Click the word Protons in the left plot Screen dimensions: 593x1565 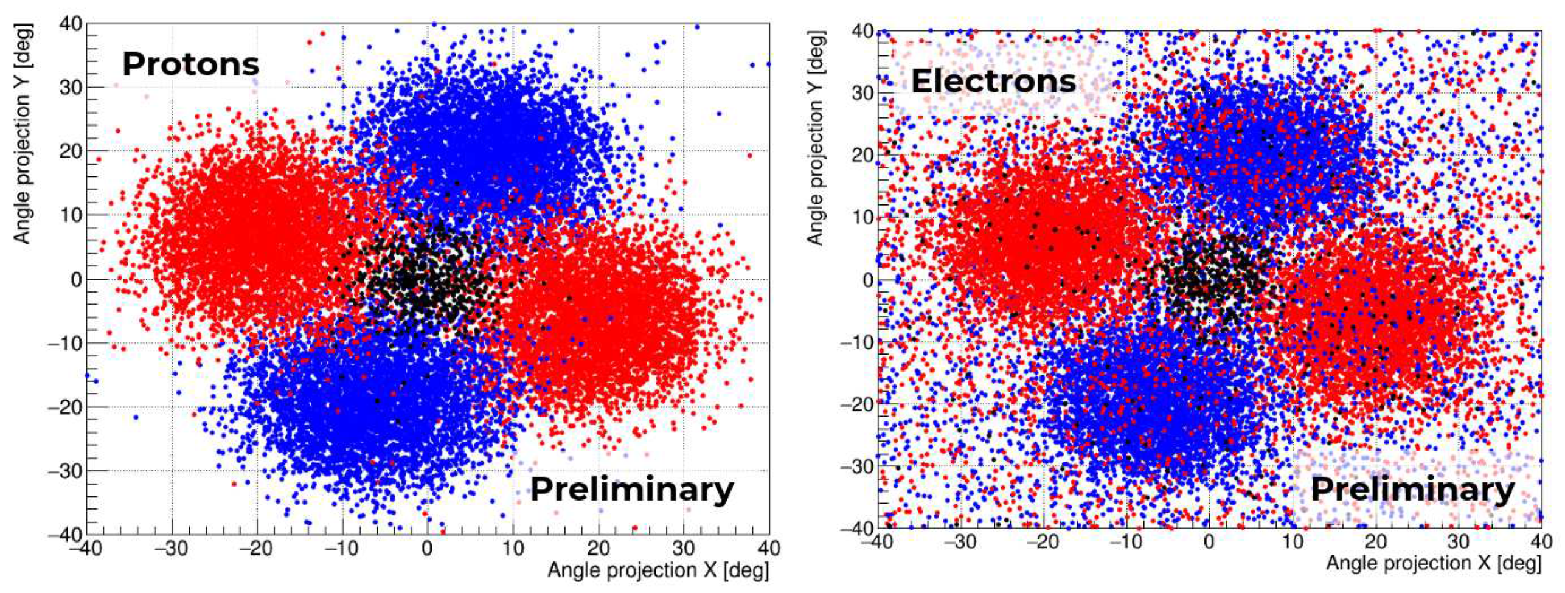(190, 64)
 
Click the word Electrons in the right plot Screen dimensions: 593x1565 (993, 81)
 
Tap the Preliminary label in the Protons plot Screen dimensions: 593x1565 (632, 490)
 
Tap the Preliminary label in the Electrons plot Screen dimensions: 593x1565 (1412, 490)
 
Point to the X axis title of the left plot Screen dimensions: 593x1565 (658, 570)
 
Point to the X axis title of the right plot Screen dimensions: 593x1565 (1433, 563)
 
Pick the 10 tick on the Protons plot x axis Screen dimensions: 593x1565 (513, 549)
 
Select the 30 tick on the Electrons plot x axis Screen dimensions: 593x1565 (1458, 541)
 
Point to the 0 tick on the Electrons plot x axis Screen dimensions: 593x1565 (1209, 541)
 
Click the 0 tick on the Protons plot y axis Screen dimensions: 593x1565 (75, 280)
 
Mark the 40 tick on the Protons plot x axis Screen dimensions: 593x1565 (768, 549)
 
